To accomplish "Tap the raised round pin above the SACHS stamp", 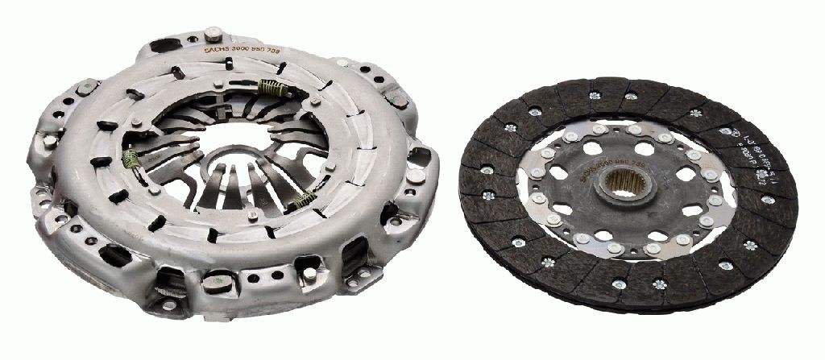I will coord(215,33).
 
